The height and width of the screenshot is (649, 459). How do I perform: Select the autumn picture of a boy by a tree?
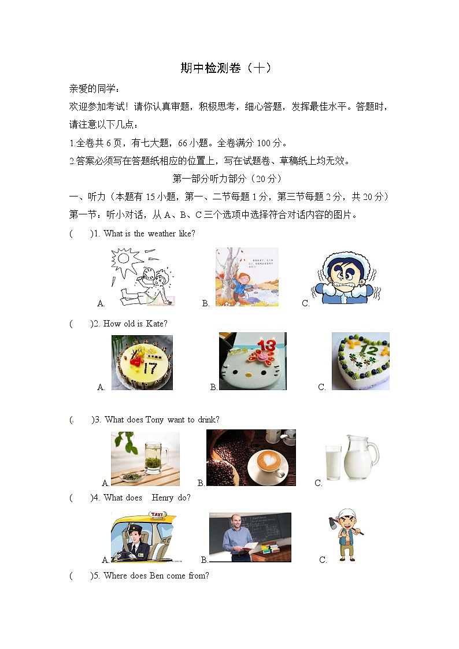pos(247,277)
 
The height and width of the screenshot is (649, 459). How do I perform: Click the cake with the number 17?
pos(142,362)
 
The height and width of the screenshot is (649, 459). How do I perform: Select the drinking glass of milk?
pos(333,462)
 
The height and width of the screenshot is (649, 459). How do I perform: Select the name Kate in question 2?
pos(155,324)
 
